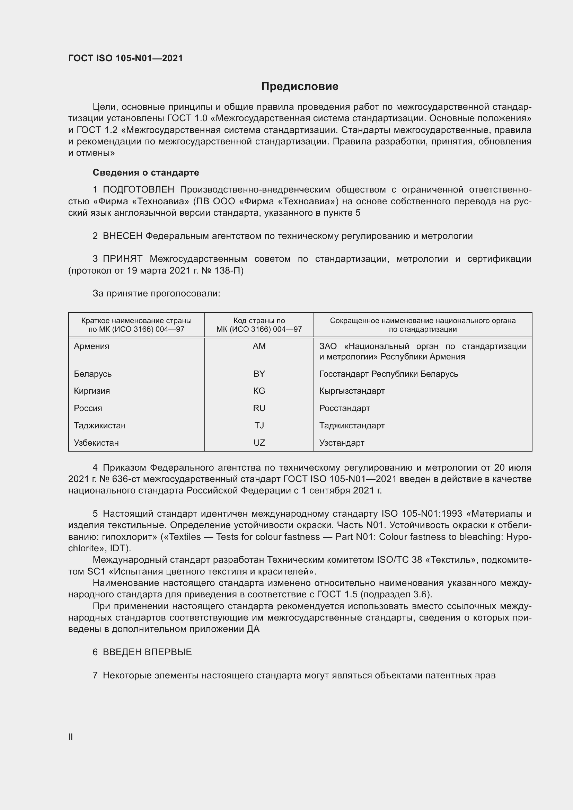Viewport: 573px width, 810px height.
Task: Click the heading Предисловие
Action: (x=300, y=87)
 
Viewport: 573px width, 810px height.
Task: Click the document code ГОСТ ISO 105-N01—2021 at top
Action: (x=126, y=58)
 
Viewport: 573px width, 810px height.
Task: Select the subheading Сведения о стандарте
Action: (x=146, y=172)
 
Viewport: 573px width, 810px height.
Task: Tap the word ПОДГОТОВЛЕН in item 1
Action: (x=139, y=190)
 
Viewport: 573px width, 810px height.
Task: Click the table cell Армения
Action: (x=92, y=346)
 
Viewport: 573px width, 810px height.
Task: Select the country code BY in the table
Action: (x=259, y=374)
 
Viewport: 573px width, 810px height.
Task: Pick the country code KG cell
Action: (x=259, y=391)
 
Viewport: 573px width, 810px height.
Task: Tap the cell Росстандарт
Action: (x=344, y=408)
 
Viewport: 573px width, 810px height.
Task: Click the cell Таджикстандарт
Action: (x=352, y=426)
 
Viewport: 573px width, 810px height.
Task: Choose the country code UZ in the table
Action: (x=259, y=443)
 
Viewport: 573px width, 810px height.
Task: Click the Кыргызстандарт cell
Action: (x=352, y=391)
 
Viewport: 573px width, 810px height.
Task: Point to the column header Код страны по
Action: (x=259, y=321)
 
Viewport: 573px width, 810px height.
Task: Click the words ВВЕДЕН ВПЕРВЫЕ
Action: (x=147, y=652)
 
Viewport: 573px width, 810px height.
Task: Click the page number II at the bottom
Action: (x=71, y=737)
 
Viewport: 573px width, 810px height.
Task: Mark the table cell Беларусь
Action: (x=93, y=374)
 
